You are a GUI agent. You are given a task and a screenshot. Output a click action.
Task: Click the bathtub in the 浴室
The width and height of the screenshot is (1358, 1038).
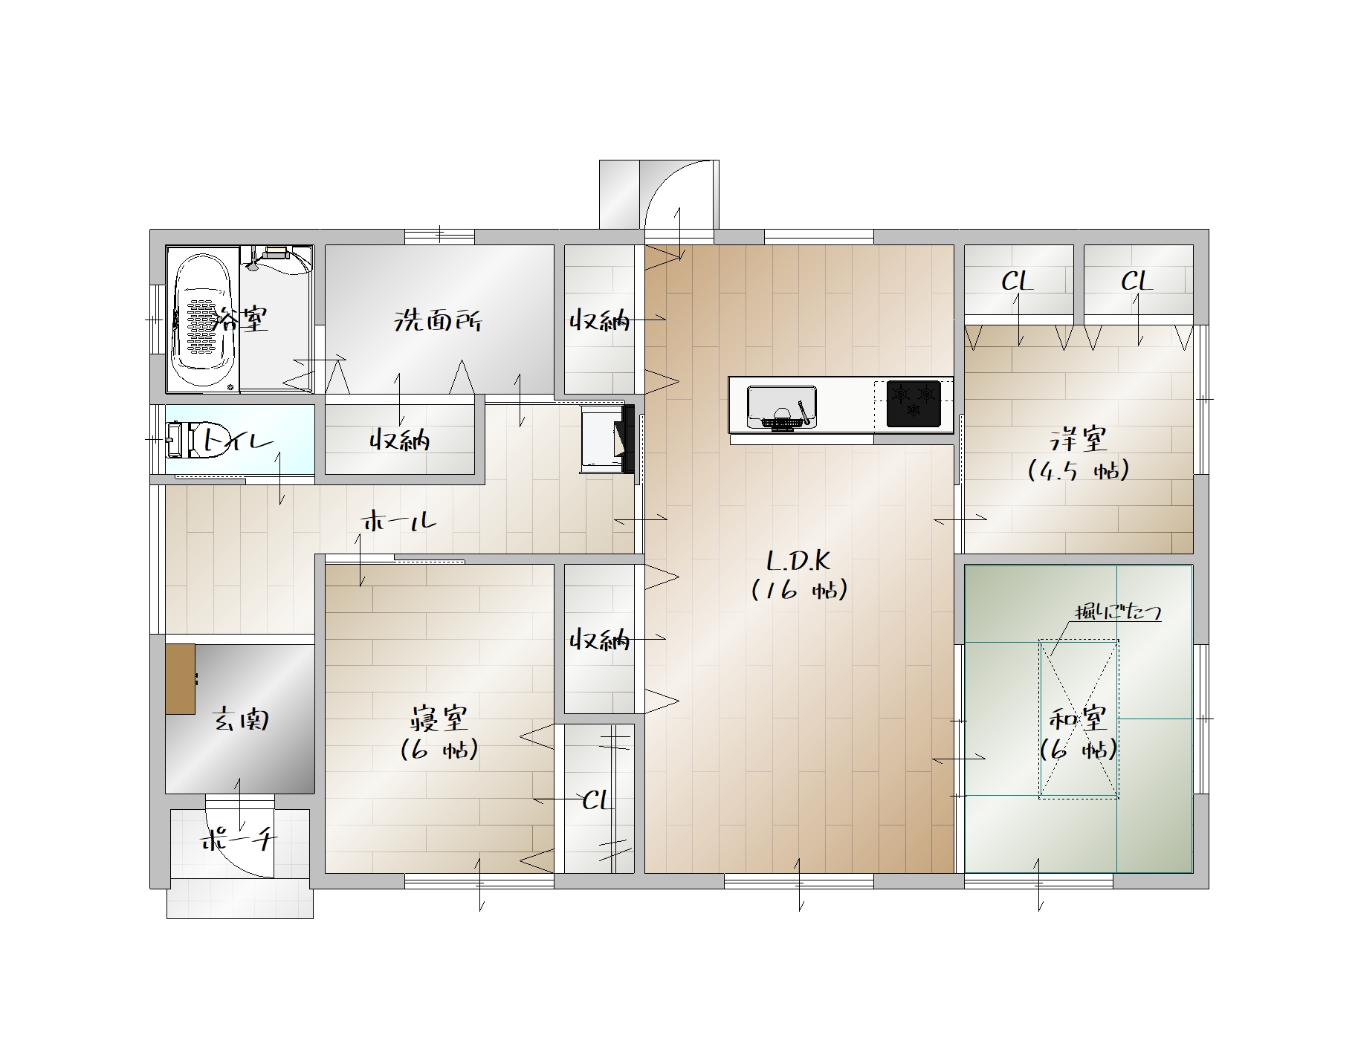coord(203,319)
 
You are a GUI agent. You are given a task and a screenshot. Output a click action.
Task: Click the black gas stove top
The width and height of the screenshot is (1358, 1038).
coord(914,403)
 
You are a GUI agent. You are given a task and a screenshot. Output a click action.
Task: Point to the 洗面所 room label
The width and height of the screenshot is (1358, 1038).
coord(437,321)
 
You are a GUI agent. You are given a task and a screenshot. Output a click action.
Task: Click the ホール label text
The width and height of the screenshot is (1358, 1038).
coord(399,520)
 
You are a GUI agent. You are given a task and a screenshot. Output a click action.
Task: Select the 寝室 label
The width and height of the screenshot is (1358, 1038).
coord(439,719)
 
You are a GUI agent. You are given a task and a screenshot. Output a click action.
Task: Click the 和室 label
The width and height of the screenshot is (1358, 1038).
coord(1078,719)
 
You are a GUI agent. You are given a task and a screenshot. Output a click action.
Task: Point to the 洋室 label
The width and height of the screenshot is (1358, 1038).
coord(1079,439)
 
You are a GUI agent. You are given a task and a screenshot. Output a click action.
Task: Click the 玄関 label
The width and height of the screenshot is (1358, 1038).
coord(240,719)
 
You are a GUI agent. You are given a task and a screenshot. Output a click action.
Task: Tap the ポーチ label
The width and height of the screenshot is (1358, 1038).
coord(239,840)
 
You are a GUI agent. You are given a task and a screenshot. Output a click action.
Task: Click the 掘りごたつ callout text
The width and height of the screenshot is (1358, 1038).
coord(1118,612)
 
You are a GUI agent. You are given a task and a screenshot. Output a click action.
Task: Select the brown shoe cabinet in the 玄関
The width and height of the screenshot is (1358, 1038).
coord(181,679)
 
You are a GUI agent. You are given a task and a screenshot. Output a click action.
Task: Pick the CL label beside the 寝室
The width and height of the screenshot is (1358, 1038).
coord(597,800)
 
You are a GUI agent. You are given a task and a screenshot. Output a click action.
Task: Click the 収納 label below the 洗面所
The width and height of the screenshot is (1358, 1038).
coord(400,440)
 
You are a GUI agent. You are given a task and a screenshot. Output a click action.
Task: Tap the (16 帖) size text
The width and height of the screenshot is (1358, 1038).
coord(799,590)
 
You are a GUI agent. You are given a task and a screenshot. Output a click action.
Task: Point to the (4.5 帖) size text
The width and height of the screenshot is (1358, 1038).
coord(1079,470)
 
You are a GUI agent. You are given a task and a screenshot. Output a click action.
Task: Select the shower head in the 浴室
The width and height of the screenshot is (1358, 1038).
coord(253,260)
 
